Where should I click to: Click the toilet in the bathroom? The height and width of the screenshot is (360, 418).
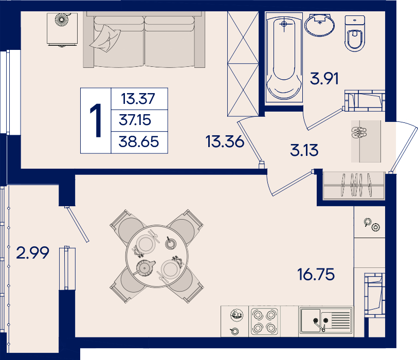click(355, 33)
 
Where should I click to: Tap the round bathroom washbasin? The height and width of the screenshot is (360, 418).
click(319, 25)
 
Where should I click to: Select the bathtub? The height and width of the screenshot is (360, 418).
click(284, 57)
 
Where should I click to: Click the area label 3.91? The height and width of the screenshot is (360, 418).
click(324, 79)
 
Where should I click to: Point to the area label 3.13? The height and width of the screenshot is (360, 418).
click(304, 150)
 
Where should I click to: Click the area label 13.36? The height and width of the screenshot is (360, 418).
click(225, 141)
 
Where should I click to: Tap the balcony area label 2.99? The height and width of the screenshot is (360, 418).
click(32, 253)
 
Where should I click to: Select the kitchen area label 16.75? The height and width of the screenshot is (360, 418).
click(316, 275)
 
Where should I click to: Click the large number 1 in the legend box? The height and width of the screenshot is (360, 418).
click(96, 120)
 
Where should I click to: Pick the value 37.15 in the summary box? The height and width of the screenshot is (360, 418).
click(135, 120)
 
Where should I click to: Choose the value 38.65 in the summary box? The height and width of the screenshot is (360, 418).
click(139, 141)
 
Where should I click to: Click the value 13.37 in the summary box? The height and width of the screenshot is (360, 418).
click(138, 99)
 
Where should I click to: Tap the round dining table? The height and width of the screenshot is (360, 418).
click(157, 256)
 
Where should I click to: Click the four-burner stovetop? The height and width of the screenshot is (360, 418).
click(264, 321)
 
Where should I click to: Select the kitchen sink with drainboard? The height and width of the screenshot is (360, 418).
click(326, 321)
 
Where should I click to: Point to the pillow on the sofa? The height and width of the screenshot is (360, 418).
click(105, 39)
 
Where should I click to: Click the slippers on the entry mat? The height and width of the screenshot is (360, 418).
click(359, 133)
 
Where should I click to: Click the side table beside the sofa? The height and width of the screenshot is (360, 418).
click(62, 29)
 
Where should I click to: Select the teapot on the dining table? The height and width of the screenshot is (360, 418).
click(144, 267)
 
